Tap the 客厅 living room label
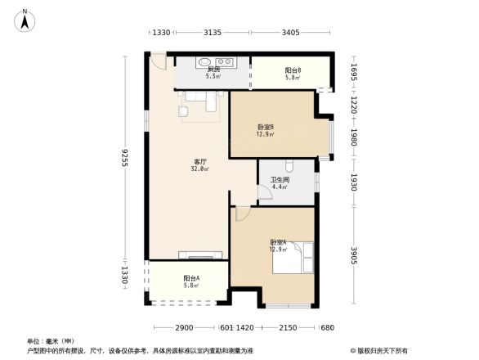click(199, 161)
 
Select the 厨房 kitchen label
click(213, 70)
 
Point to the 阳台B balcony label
click(293, 70)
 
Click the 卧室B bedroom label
click(265, 127)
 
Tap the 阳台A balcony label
click(192, 278)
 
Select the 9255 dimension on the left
click(124, 156)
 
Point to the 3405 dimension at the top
click(290, 33)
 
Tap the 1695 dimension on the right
click(354, 72)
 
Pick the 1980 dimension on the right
click(354, 136)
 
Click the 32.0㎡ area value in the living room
click(199, 169)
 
